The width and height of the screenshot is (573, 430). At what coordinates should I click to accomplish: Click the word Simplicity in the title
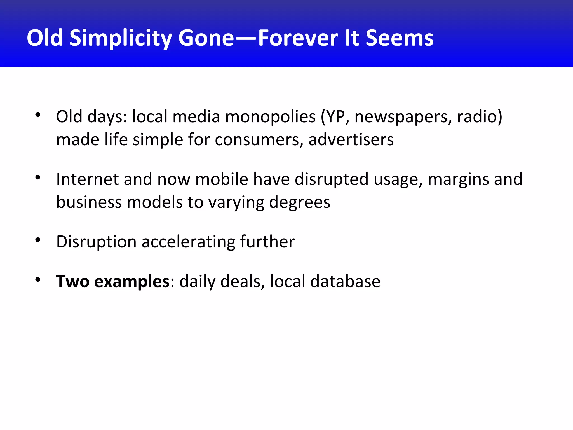point(120,38)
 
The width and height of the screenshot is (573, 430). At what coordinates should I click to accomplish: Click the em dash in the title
point(246,39)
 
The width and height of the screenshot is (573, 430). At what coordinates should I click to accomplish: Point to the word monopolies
point(270,117)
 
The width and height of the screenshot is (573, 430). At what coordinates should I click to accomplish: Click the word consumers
point(259,140)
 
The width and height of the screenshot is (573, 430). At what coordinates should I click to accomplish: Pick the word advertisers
point(351,140)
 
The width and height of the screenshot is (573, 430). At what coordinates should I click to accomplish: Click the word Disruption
point(96,242)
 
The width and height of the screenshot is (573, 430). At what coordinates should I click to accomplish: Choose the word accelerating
point(188,242)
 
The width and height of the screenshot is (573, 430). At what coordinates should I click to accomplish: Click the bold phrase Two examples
point(113,282)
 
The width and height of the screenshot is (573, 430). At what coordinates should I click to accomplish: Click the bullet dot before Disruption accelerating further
point(38,240)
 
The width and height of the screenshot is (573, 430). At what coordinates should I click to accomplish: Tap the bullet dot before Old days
point(38,115)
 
